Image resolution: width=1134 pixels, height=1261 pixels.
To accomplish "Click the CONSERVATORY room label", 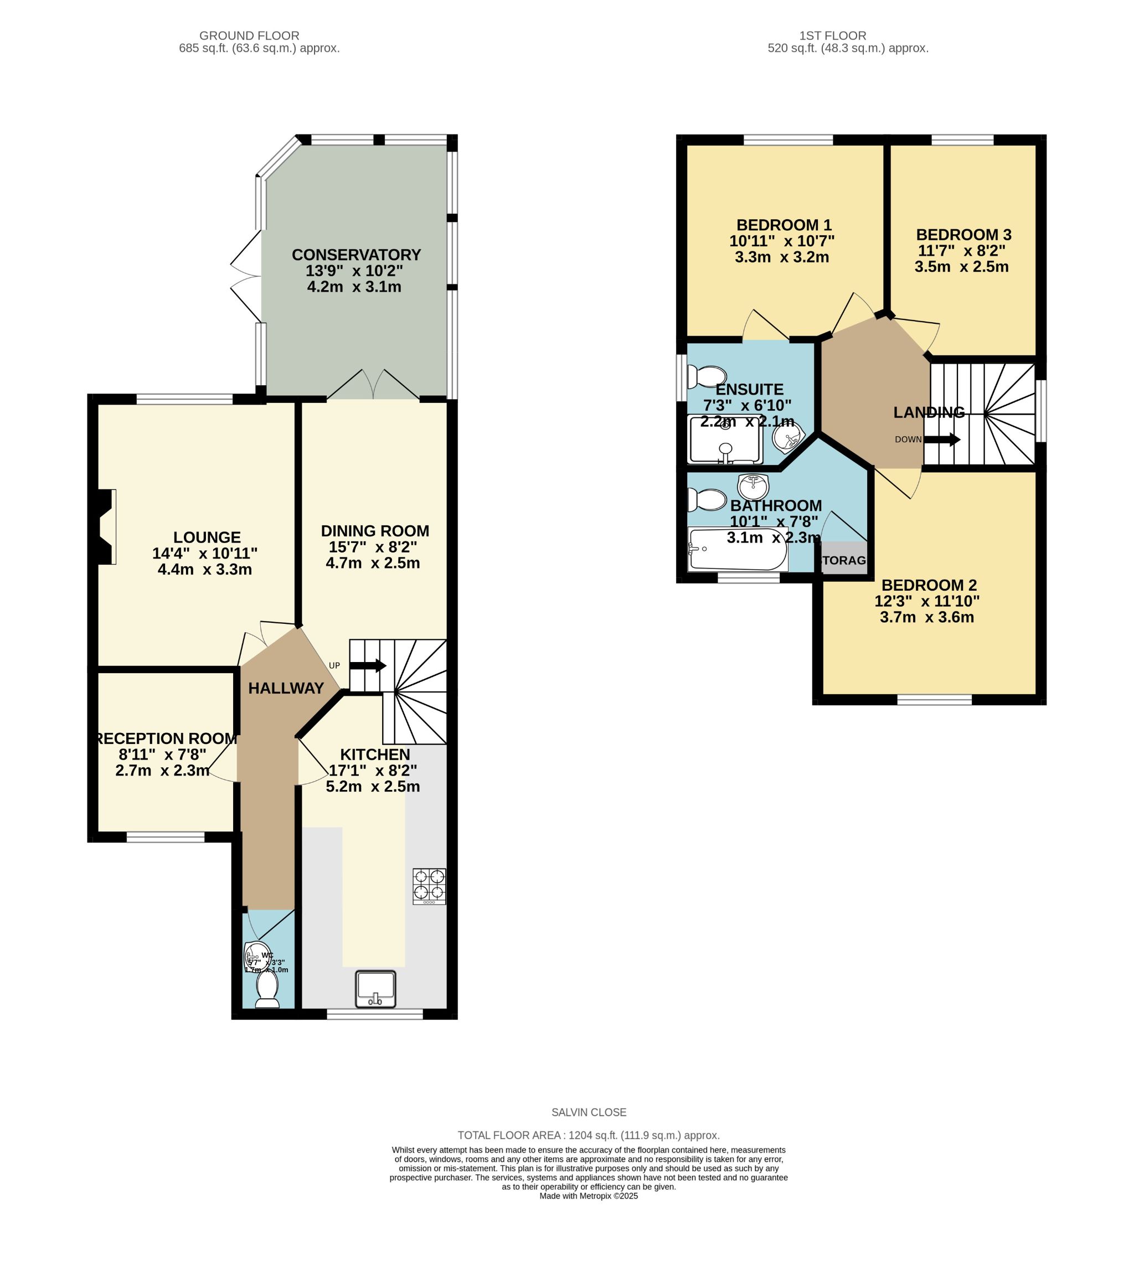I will click(x=356, y=255).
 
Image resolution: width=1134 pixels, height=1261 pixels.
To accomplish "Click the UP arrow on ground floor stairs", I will click(x=368, y=666).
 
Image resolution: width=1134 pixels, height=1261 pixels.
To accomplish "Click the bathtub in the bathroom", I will click(x=738, y=549).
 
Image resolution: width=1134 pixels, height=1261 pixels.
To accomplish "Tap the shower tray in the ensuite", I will click(x=725, y=441).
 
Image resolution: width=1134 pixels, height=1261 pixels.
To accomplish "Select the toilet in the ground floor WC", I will click(x=267, y=989).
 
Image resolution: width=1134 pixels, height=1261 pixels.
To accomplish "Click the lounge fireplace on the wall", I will click(x=106, y=527).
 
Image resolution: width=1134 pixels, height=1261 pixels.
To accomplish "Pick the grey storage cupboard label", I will click(x=844, y=560).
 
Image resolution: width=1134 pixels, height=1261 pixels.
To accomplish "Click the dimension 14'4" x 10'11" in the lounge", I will click(x=204, y=553).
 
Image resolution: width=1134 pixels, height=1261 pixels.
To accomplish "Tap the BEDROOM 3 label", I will click(x=963, y=235).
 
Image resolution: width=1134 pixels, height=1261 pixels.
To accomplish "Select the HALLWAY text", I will click(x=286, y=689).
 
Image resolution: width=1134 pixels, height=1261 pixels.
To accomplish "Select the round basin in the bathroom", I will click(x=753, y=487).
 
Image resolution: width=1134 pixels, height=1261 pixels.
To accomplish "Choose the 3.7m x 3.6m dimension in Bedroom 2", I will click(x=926, y=617).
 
